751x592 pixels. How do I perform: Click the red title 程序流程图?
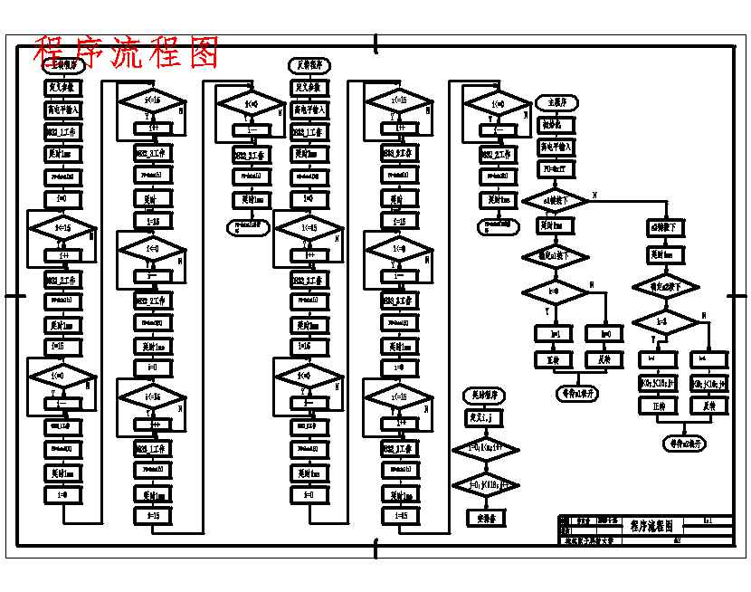point(127,53)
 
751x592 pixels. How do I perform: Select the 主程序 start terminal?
point(556,101)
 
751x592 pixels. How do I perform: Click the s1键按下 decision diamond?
point(555,199)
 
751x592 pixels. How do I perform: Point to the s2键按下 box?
point(666,227)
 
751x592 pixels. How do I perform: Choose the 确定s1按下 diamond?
point(555,257)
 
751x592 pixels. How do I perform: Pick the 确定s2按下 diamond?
point(665,288)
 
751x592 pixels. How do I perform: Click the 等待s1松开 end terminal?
point(575,394)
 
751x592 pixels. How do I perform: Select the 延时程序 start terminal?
point(484,396)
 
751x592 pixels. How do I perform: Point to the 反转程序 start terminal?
point(309,65)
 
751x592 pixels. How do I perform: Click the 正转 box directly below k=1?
point(555,360)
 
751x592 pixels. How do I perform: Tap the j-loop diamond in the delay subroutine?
point(484,484)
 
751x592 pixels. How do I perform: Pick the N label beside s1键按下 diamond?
point(594,195)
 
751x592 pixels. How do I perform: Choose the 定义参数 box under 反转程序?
point(309,88)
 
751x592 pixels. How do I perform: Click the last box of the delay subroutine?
point(484,518)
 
